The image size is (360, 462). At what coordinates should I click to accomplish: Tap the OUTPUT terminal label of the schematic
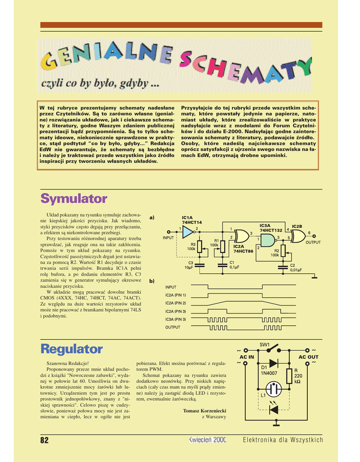[313, 242]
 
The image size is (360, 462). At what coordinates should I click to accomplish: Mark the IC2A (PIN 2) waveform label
[175, 303]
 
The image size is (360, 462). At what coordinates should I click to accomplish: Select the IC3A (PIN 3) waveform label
[175, 319]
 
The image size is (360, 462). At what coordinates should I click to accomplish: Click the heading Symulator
[74, 199]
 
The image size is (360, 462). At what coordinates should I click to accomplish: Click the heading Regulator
[71, 349]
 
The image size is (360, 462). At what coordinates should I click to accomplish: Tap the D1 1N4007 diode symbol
[273, 363]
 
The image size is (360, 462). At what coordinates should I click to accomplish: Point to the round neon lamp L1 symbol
[273, 388]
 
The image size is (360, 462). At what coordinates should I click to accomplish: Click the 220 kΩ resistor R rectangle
[290, 375]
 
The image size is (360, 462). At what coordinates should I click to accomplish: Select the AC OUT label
[309, 357]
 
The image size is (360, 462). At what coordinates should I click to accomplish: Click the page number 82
[44, 440]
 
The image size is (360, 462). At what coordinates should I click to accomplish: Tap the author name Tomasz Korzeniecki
[204, 411]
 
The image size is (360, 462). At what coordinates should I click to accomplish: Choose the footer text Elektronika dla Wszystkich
[283, 440]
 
